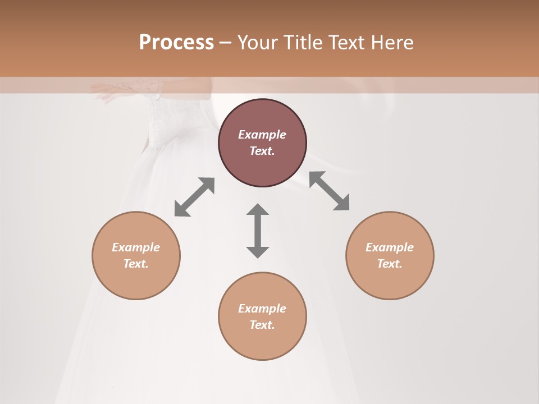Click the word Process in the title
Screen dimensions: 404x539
click(176, 43)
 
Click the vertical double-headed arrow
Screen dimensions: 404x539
click(258, 231)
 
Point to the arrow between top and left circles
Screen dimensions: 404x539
click(194, 197)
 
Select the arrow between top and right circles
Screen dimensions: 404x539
click(329, 191)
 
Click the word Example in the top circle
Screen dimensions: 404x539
click(262, 135)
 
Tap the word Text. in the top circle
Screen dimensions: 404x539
click(262, 151)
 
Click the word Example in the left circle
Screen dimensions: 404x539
click(136, 247)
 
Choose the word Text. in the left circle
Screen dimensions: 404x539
click(136, 264)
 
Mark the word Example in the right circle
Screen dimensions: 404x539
click(390, 247)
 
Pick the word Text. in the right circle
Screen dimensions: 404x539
click(390, 264)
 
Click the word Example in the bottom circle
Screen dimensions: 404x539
click(262, 309)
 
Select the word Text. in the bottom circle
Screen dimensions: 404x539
click(262, 325)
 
